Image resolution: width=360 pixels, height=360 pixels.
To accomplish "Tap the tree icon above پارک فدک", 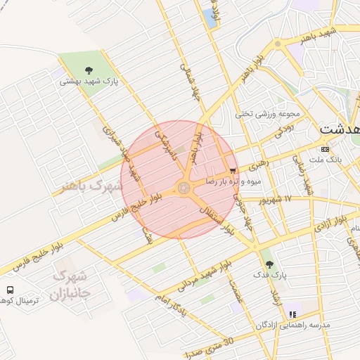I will point(269,264).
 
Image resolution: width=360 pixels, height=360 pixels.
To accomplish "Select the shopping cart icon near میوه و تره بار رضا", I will point(232,170).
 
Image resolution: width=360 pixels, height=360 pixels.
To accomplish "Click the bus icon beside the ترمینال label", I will point(10,290).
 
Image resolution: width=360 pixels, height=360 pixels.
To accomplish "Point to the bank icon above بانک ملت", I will point(324,149).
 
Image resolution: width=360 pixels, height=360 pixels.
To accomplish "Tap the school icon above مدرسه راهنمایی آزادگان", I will point(292,314).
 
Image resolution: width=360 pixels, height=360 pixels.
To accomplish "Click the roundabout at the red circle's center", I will point(184,188).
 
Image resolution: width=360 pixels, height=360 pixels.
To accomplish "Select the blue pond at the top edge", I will point(210,18).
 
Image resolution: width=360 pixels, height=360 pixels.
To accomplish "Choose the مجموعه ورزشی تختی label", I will point(268,113).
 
